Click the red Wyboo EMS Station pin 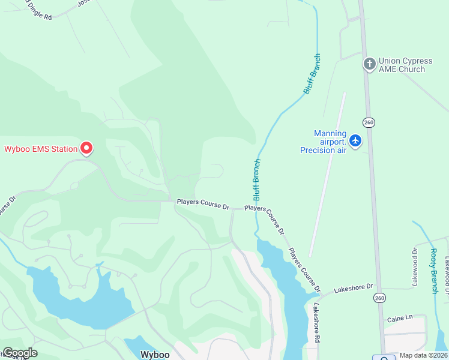pos(86,147)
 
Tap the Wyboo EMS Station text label pos(41,149)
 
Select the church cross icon pos(369,63)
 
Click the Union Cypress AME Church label pos(402,65)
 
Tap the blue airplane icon pos(356,140)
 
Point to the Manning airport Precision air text pos(324,142)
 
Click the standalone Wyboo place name pos(155,354)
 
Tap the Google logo pos(19,353)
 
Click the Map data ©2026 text pos(423,355)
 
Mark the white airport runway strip pos(327,174)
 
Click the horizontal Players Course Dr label pos(203,204)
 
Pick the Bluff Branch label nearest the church pos(312,74)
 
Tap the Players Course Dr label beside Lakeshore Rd pos(304,269)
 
